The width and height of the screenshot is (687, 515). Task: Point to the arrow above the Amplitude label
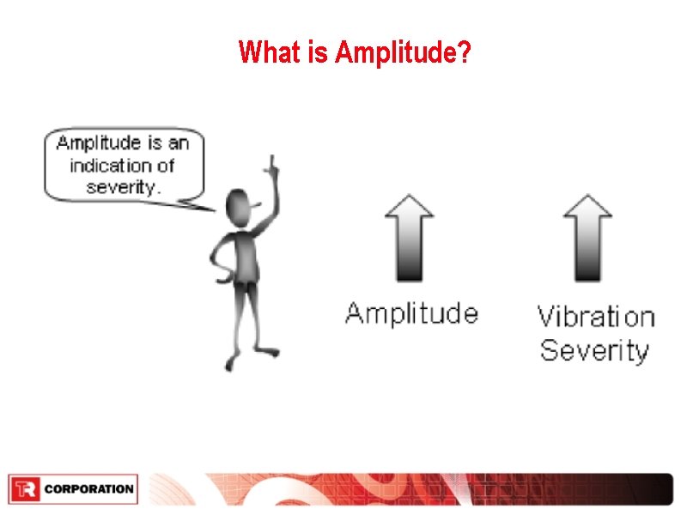410,237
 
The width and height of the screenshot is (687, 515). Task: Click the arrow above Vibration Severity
587,237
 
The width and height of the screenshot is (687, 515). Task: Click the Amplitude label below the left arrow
411,312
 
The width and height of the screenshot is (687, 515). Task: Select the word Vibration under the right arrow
595,317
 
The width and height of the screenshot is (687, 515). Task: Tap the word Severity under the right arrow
594,350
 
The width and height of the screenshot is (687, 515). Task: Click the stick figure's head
240,205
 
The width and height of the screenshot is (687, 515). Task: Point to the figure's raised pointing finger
273,163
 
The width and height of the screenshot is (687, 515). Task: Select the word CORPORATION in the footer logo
88,489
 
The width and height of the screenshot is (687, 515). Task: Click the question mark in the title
463,53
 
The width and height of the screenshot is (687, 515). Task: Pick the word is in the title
314,52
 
